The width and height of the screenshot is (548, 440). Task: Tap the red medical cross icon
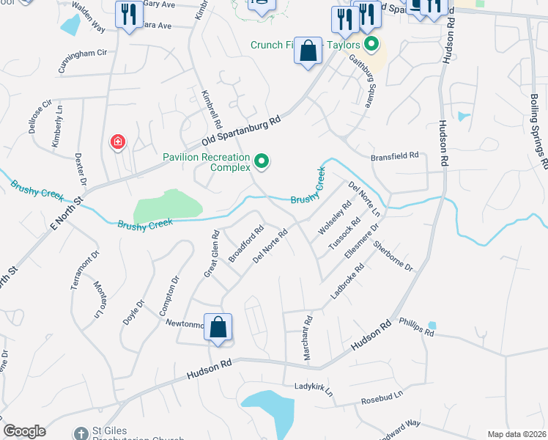[x=117, y=142]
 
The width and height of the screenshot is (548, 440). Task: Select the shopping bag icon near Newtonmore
[x=218, y=328]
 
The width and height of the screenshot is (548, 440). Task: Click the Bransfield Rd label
[x=393, y=155]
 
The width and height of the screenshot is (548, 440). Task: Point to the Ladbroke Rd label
[x=347, y=282]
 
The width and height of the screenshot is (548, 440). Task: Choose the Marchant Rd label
[x=308, y=337]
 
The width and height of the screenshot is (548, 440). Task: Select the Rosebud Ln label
[x=382, y=399]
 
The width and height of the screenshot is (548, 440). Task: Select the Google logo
[x=24, y=431]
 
